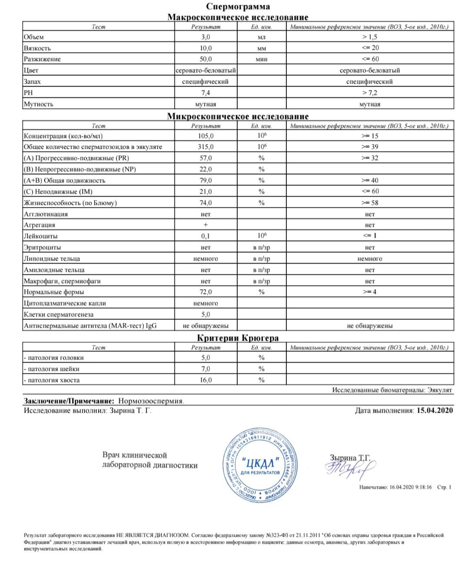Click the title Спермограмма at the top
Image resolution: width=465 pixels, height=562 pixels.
coord(238,7)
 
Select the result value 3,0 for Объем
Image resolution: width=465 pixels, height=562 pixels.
coord(206,37)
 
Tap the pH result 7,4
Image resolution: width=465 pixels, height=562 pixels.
coord(206,93)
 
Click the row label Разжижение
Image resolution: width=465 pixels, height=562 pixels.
coord(42,59)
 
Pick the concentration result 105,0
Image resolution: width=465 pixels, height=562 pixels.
coord(206,136)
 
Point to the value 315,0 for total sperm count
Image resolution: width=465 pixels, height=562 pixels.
coord(206,147)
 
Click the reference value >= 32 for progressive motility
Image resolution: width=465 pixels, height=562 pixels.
coord(370,158)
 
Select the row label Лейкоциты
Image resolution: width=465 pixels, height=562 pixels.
coord(40,236)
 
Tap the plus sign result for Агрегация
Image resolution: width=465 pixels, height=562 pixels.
coord(206,225)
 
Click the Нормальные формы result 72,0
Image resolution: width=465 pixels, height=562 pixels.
coord(206,292)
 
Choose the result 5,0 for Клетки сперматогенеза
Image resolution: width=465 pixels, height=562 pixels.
coord(206,315)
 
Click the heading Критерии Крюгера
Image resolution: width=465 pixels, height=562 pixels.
coord(238,338)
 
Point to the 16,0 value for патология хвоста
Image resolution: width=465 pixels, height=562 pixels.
coord(206,380)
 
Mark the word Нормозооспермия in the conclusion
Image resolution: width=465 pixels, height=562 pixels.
coord(151,401)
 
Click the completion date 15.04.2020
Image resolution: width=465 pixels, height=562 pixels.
coord(435,410)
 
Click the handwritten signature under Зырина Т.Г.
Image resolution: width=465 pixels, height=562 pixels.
coord(350,470)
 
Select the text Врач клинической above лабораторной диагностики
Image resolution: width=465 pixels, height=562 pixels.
coord(135,455)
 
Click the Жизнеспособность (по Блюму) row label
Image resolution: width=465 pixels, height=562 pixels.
coord(70,203)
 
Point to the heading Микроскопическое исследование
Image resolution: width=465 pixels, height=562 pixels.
coord(238,116)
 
